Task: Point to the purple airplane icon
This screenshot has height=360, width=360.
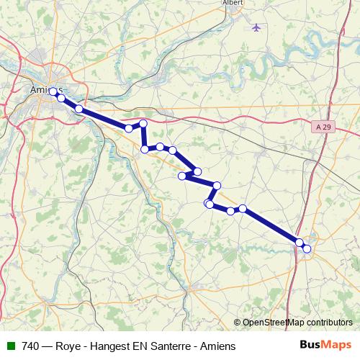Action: coord(257,27)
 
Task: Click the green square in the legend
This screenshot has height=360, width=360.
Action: coord(10,346)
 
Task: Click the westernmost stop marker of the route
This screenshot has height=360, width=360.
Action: coord(53,92)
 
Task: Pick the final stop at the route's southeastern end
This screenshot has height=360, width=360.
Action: coord(307,248)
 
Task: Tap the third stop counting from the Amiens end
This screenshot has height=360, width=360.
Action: coord(79,109)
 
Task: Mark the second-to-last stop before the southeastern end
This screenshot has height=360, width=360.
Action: coord(300,243)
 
